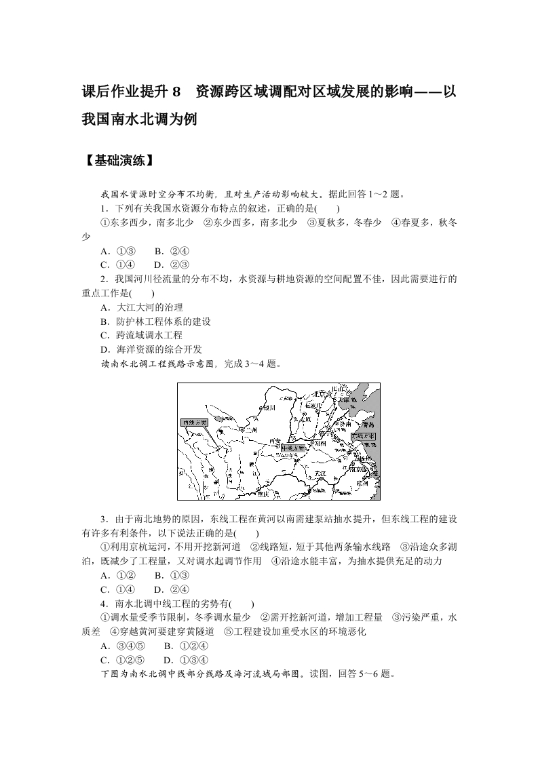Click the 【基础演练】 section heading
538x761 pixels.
tap(117, 161)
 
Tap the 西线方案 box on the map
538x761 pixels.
tap(193, 422)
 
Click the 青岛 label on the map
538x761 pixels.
tap(360, 420)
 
